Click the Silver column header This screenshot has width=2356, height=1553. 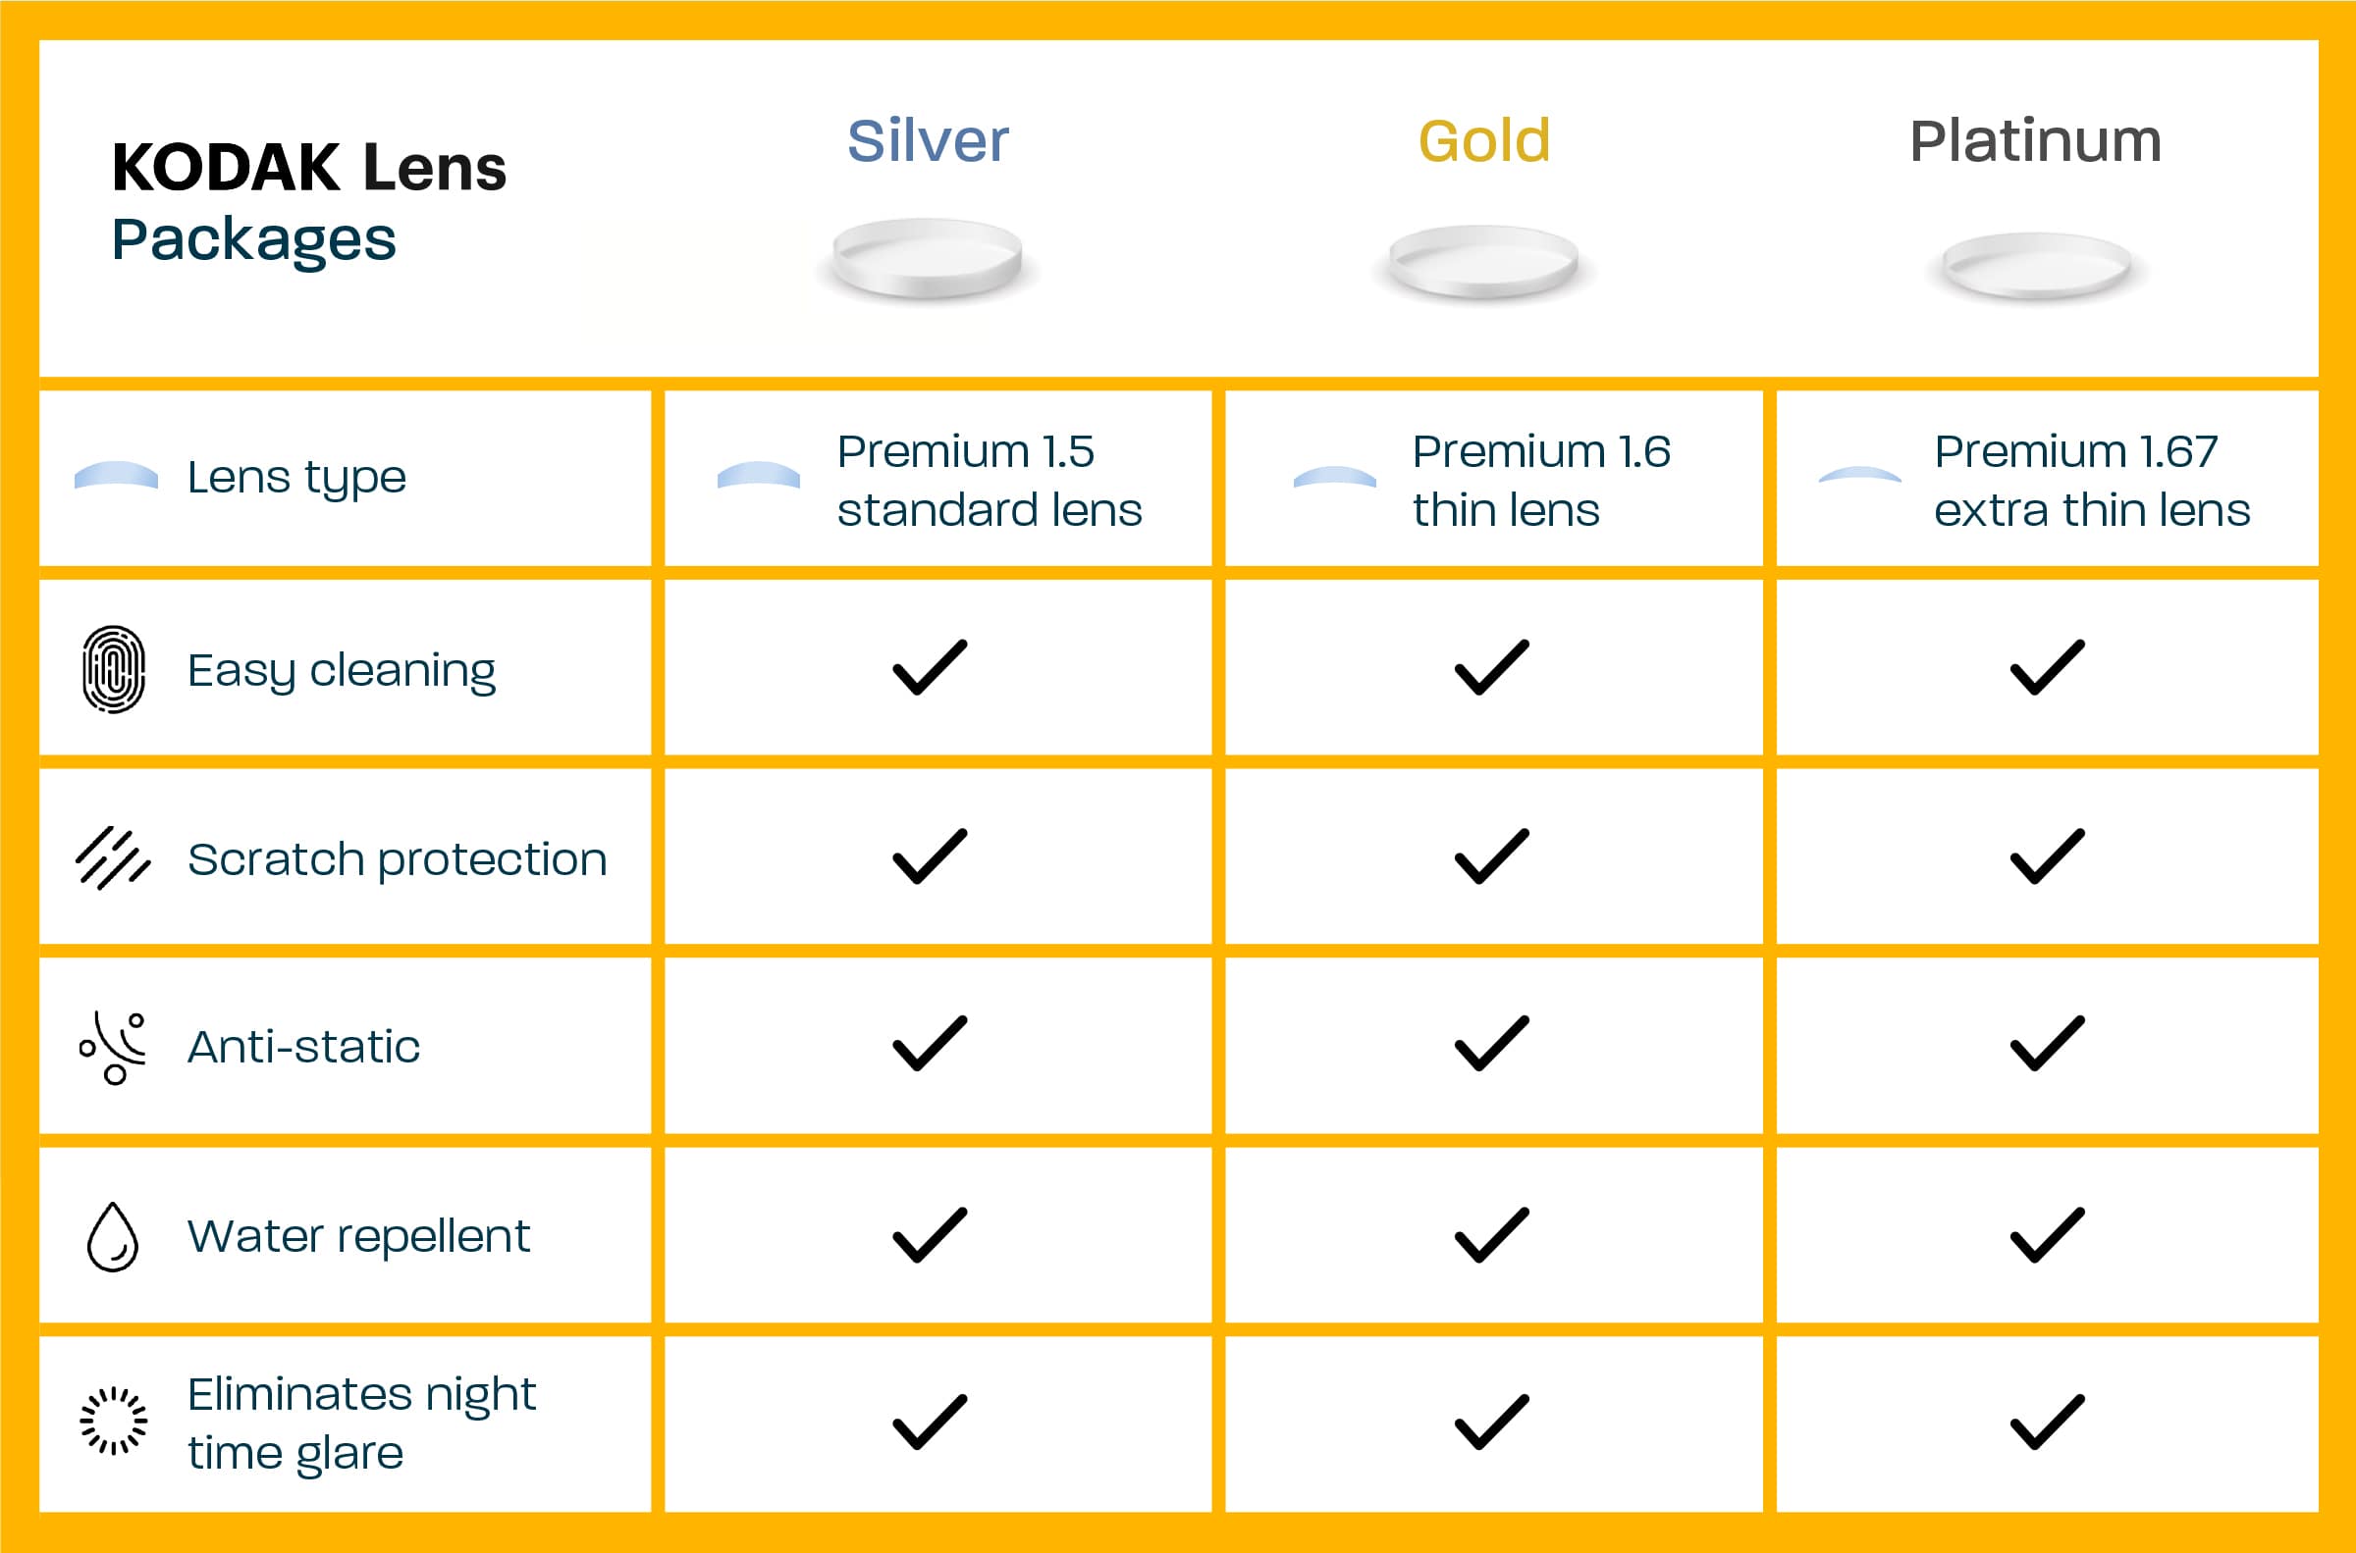tap(928, 140)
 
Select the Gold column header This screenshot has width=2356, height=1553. tap(1484, 140)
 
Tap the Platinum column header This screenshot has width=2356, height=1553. tap(2035, 140)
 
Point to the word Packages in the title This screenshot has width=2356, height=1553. tap(253, 240)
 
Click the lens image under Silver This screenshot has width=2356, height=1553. tap(928, 260)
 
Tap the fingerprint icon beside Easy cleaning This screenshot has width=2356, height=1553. tap(114, 669)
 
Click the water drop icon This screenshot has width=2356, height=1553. tap(113, 1237)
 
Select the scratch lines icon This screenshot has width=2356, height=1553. tap(113, 858)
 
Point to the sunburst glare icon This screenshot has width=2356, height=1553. tap(113, 1422)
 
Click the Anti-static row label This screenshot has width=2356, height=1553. tap(303, 1047)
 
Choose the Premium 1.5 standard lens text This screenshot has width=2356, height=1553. tap(989, 482)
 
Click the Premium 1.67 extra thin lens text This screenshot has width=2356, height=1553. tap(2092, 482)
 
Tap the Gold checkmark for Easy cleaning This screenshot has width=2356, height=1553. tap(1491, 666)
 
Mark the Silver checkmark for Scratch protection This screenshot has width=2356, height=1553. tap(930, 855)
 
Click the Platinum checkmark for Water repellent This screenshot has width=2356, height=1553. tap(2047, 1235)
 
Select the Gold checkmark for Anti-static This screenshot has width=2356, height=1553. tap(1491, 1043)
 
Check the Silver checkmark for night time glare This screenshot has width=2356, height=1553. tap(930, 1422)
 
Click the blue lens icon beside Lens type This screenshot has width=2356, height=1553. tap(116, 476)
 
